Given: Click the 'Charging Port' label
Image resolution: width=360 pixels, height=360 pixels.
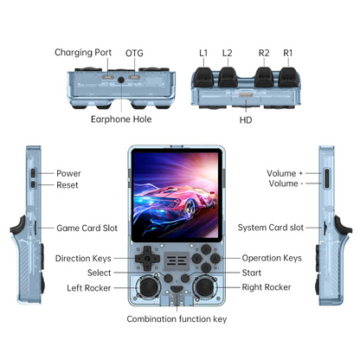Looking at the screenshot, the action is tap(83, 53).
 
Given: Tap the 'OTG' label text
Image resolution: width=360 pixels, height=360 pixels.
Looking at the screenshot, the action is tap(134, 53).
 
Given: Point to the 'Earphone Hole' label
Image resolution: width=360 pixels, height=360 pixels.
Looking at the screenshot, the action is tap(121, 119).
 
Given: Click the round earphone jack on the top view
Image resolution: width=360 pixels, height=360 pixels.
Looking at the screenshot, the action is tap(121, 80).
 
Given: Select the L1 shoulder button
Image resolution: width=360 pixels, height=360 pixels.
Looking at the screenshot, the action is tap(203, 77).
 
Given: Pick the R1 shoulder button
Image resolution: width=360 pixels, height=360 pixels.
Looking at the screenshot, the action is tap(288, 77).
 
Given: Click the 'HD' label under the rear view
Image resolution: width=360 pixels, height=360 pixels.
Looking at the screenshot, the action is tap(246, 120).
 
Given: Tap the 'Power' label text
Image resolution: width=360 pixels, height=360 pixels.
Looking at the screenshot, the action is tap(68, 173).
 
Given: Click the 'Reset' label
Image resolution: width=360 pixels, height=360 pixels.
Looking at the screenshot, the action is tap(67, 185).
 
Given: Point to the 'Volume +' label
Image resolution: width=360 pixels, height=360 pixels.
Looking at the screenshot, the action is tap(285, 173).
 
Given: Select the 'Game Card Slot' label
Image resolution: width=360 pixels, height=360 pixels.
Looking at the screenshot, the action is tap(87, 228).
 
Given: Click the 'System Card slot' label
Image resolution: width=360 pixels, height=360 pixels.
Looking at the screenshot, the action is tap(271, 228).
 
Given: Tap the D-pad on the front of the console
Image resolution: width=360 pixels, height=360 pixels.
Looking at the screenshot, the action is tap(147, 259).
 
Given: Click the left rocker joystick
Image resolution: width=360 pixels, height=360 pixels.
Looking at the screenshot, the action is tap(148, 286).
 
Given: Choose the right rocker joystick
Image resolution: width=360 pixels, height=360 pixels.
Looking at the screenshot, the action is tap(204, 286).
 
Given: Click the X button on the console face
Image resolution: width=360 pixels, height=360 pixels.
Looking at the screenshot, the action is tap(206, 249).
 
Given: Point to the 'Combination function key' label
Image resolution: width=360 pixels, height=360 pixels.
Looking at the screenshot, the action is tap(177, 319).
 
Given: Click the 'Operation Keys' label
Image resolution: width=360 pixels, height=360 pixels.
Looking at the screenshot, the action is tap(272, 258).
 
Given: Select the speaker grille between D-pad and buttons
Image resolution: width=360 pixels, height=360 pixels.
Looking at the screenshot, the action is tap(177, 260).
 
